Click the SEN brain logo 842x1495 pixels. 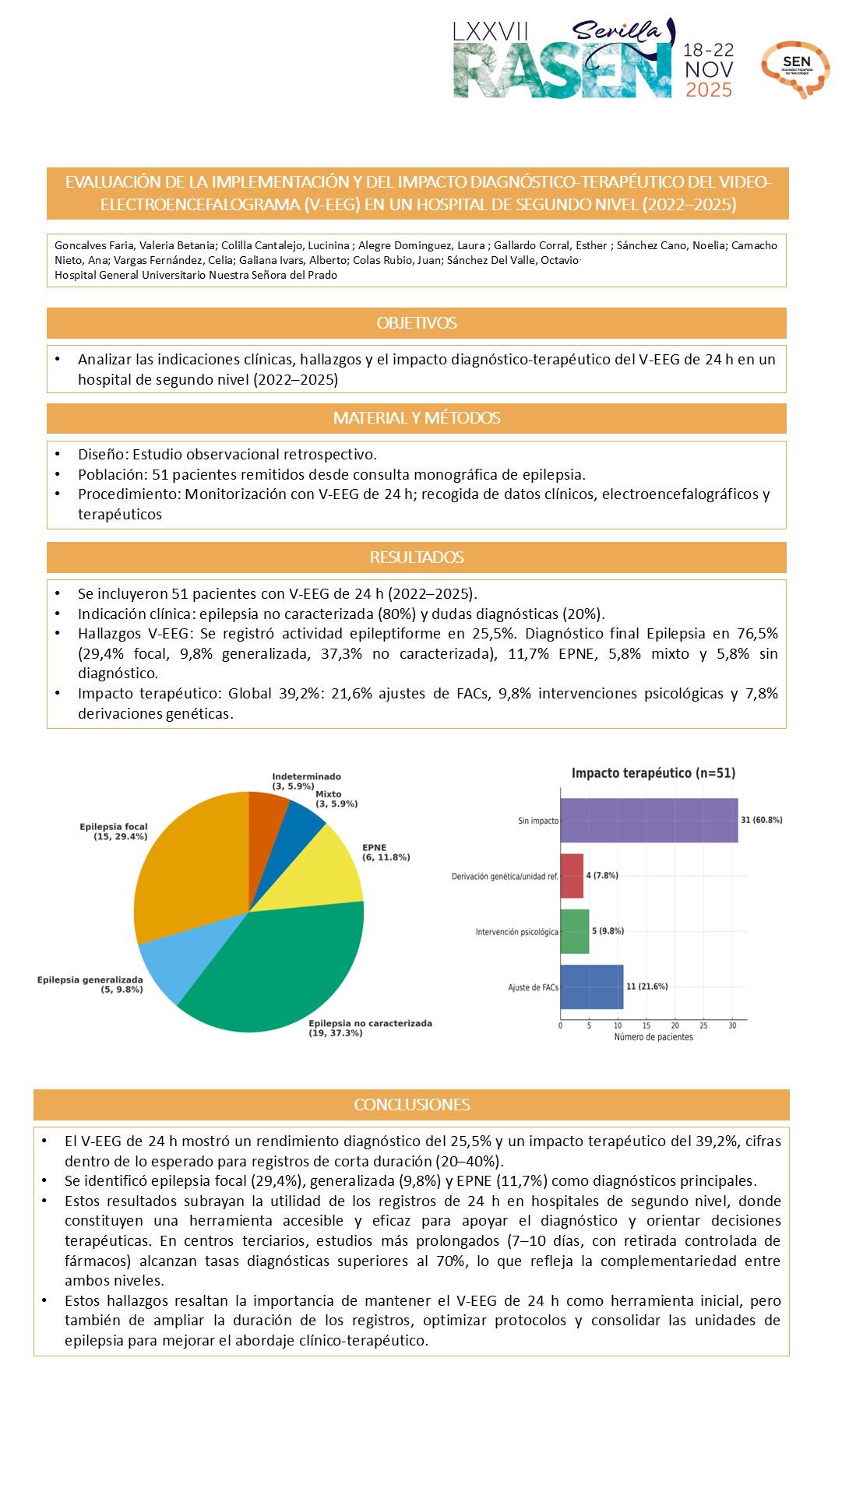pos(795,69)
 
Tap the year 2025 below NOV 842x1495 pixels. pos(709,90)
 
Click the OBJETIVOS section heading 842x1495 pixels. pos(417,323)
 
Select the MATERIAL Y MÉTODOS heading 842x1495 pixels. pos(417,418)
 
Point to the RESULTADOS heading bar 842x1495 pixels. pos(417,558)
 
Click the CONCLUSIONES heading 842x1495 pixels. pos(411,1105)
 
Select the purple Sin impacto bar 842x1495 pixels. pos(648,820)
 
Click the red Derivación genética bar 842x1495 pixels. pos(572,876)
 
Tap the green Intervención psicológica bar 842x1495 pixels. pos(575,931)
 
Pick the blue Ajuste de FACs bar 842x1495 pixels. pos(592,987)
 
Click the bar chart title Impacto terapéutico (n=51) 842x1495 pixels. pos(654,773)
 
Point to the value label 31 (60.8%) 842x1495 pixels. pos(762,820)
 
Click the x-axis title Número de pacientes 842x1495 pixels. pos(654,1037)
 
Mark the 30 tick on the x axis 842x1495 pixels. pos(732,1025)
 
